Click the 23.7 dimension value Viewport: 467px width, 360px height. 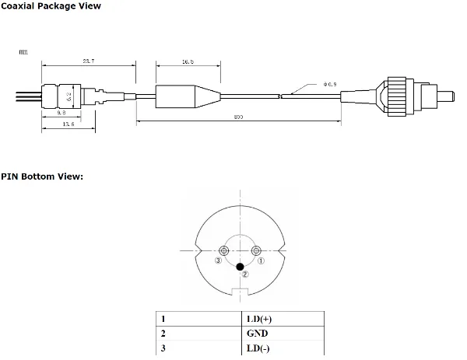[x=87, y=61]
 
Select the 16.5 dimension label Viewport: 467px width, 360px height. [x=187, y=61]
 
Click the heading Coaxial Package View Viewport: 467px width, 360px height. [x=50, y=6]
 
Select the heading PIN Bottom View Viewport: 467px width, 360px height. [x=41, y=177]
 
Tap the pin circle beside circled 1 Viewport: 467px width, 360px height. [x=257, y=250]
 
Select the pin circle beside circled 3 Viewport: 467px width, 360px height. [x=223, y=250]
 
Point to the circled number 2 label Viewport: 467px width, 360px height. [x=245, y=274]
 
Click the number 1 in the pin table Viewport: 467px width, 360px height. [x=163, y=319]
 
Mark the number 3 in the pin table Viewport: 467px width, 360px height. [x=163, y=348]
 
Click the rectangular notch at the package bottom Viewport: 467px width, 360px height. [x=241, y=292]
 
